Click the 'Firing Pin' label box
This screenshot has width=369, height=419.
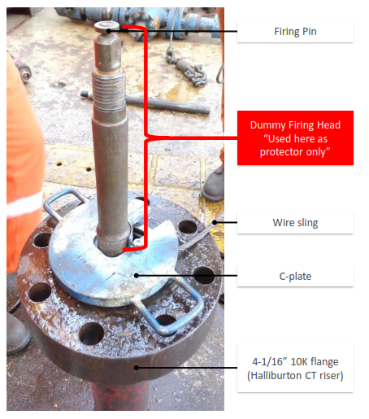click(x=295, y=32)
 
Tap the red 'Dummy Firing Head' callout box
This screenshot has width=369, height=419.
click(x=295, y=137)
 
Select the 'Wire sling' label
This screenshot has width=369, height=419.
click(x=295, y=223)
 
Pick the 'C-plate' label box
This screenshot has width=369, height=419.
click(x=295, y=276)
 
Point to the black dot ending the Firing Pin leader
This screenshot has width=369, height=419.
click(x=109, y=31)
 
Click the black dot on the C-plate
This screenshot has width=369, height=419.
click(x=137, y=276)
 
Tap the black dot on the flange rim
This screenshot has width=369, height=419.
click(x=137, y=368)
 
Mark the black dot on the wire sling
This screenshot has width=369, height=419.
click(x=215, y=222)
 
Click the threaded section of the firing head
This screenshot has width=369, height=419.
click(x=109, y=91)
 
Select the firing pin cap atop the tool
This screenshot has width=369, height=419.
click(x=107, y=26)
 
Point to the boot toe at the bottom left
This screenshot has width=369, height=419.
click(x=17, y=334)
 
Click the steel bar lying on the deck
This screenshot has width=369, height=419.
click(x=145, y=103)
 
